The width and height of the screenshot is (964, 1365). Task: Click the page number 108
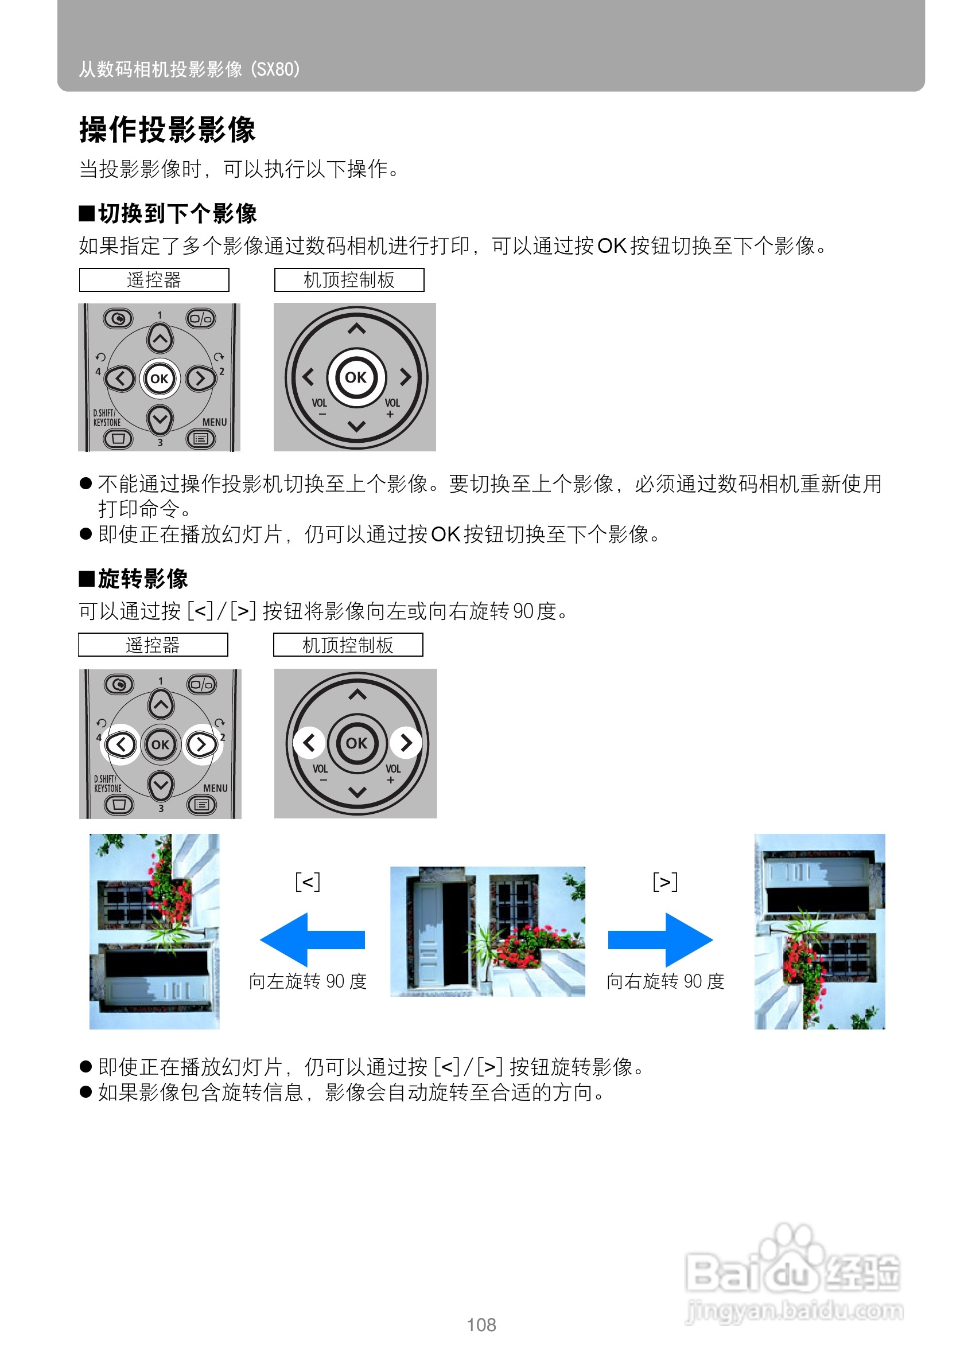pyautogui.click(x=481, y=1325)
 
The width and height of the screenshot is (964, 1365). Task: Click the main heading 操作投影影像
pyautogui.click(x=167, y=129)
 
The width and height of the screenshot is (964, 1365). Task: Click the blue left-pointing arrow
pyautogui.click(x=312, y=939)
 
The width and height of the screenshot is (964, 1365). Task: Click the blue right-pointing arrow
pyautogui.click(x=660, y=939)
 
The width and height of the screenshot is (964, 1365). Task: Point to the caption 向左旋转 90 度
pyautogui.click(x=308, y=981)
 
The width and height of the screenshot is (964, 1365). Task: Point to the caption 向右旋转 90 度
pyautogui.click(x=665, y=981)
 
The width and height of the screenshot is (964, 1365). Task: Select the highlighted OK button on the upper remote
pyautogui.click(x=160, y=379)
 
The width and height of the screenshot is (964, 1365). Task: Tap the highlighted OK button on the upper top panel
pyautogui.click(x=356, y=377)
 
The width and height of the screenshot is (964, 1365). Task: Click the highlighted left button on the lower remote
pyautogui.click(x=120, y=744)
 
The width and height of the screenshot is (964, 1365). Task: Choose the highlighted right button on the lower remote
pyautogui.click(x=201, y=744)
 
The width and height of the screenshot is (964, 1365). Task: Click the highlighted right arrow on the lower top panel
pyautogui.click(x=406, y=742)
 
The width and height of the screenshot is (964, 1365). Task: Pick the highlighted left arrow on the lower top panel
pyautogui.click(x=309, y=742)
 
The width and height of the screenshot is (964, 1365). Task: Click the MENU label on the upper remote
pyautogui.click(x=214, y=422)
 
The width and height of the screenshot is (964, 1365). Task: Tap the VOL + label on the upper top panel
pyautogui.click(x=391, y=408)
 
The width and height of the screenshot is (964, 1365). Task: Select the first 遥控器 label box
pyautogui.click(x=154, y=280)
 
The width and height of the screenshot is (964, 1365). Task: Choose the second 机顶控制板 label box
pyautogui.click(x=348, y=645)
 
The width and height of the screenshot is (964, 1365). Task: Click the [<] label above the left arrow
pyautogui.click(x=308, y=881)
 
